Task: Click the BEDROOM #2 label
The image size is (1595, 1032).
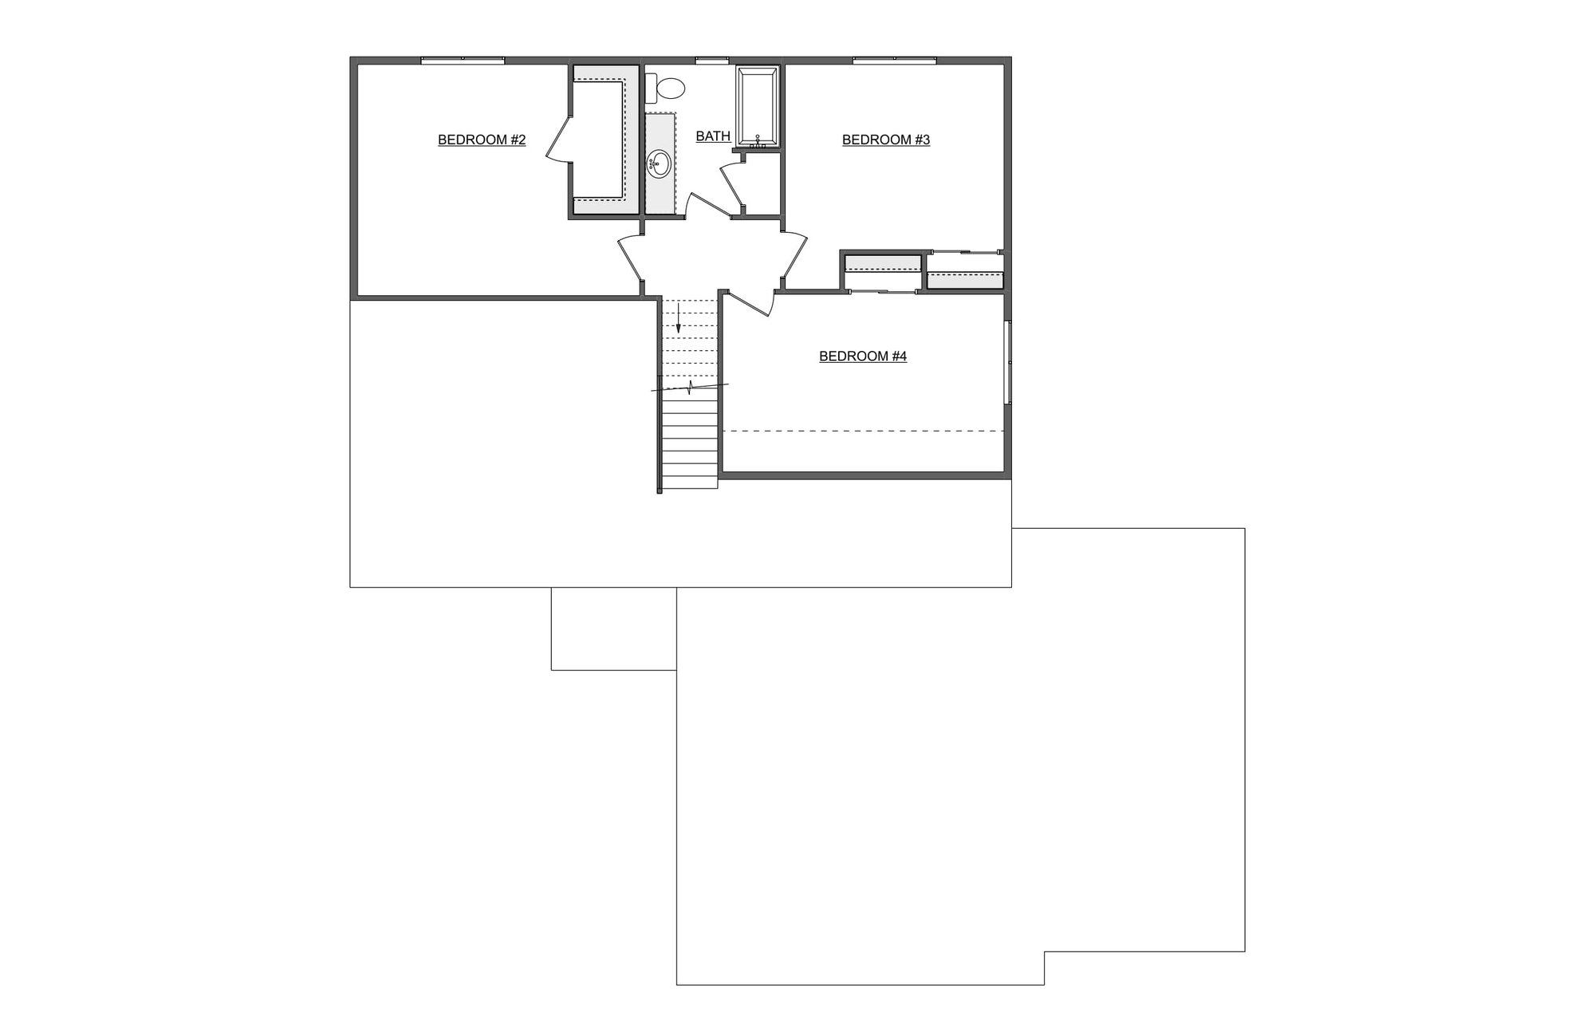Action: [482, 140]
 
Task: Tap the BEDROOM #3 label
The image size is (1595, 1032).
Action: [886, 140]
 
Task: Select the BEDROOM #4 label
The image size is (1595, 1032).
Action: [863, 356]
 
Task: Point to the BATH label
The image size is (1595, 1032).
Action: [713, 136]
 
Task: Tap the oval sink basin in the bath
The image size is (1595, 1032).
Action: [659, 163]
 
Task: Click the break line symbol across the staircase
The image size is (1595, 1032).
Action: [690, 388]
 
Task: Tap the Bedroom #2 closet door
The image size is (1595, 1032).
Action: [558, 142]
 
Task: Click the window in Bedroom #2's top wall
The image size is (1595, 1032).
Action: [463, 60]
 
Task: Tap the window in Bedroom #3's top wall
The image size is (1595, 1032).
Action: [894, 60]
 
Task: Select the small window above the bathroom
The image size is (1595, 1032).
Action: [711, 60]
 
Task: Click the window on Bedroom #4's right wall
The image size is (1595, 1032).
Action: [1008, 362]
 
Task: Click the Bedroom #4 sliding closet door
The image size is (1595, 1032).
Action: [882, 292]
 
